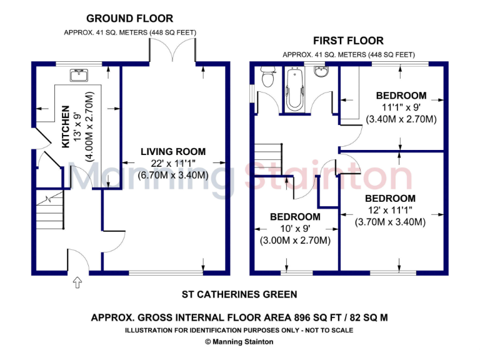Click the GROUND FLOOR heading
[129, 19]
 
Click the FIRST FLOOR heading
[349, 41]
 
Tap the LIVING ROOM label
[172, 152]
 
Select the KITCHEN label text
[66, 127]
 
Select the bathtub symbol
[293, 89]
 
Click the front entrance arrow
[77, 283]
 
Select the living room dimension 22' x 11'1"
[172, 164]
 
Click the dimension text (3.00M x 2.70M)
[295, 240]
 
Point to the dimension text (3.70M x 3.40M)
[390, 222]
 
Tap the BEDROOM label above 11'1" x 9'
[401, 96]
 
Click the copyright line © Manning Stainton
[239, 341]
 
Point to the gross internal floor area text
[239, 317]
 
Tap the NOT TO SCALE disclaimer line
[239, 329]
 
